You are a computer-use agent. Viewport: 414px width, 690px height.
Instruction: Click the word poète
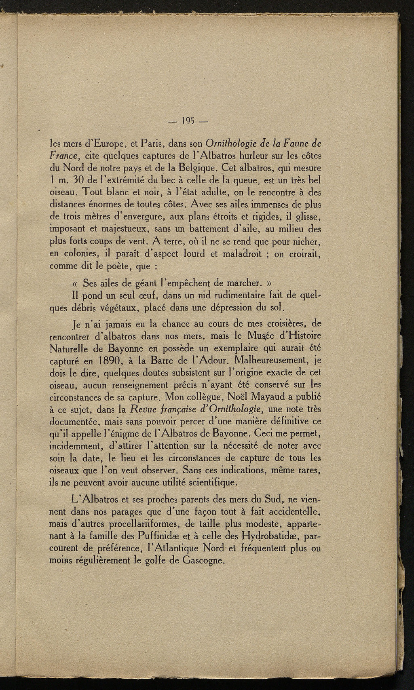(x=122, y=267)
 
